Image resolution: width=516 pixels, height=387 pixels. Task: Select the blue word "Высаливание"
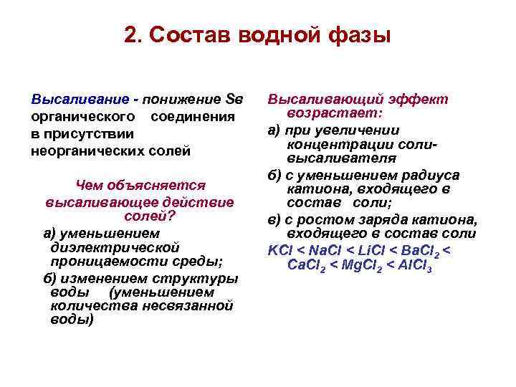click(x=70, y=99)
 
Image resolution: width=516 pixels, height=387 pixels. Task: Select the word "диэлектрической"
click(x=115, y=246)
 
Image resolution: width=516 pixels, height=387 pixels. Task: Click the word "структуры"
click(x=203, y=278)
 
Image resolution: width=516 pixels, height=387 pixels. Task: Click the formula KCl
click(x=281, y=250)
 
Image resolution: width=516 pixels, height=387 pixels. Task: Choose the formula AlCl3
click(x=416, y=265)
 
